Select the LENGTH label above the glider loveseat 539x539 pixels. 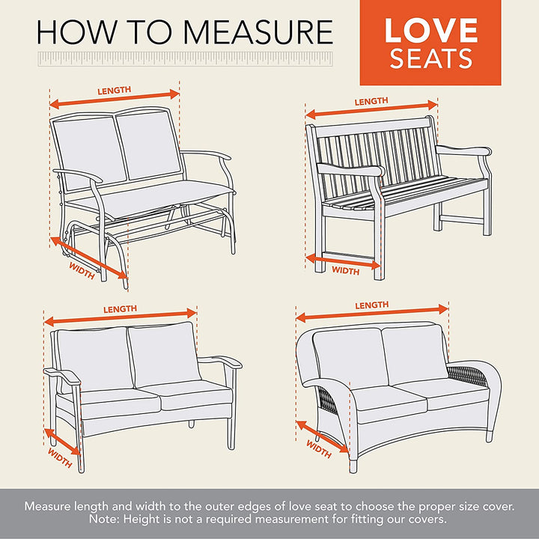[x=114, y=91]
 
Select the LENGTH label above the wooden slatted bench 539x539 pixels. [x=371, y=101]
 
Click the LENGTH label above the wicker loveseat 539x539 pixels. [x=372, y=305]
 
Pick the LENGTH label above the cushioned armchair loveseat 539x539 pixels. [x=120, y=309]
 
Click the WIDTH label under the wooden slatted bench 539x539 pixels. [x=345, y=270]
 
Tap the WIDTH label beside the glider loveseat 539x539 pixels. [x=82, y=270]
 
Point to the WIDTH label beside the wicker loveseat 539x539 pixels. [x=319, y=449]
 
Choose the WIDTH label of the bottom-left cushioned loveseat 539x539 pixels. [x=60, y=457]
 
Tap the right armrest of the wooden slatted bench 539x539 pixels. [x=464, y=150]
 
